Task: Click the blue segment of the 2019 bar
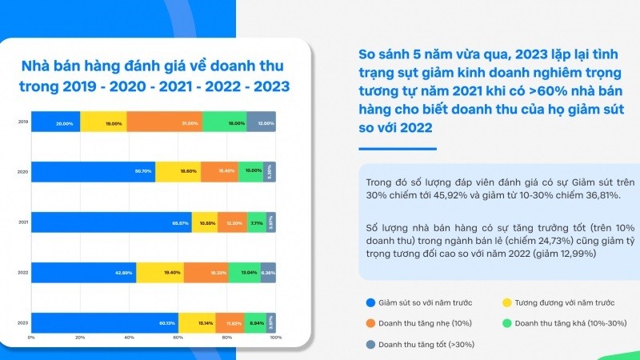[55, 123]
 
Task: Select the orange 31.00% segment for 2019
[164, 123]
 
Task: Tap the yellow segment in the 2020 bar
[178, 172]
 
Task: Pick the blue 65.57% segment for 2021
[111, 222]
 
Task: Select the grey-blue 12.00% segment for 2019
[261, 123]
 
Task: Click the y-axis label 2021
[22, 222]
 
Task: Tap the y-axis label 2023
[22, 322]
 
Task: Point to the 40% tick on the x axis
[129, 338]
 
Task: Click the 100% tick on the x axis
[275, 338]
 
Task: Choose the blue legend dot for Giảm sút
[370, 302]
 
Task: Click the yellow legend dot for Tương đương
[507, 302]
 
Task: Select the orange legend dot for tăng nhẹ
[370, 323]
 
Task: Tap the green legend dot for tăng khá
[507, 323]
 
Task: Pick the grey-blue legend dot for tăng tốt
[370, 344]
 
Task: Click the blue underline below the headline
[397, 149]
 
